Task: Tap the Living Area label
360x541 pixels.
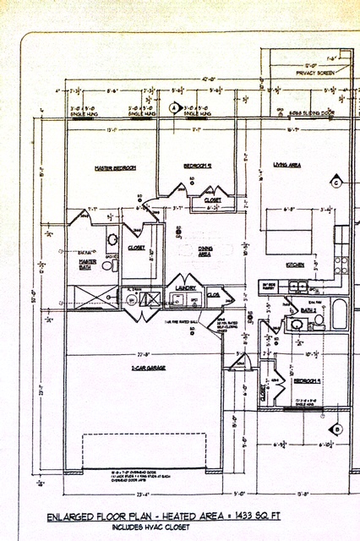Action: (x=286, y=165)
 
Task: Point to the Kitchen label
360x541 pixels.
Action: (x=295, y=265)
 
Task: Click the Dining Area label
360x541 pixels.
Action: (x=203, y=251)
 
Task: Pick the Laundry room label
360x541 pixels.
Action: (x=186, y=288)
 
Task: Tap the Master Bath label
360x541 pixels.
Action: (x=88, y=264)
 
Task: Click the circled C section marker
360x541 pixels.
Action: (x=335, y=183)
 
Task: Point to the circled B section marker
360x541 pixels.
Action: (x=336, y=430)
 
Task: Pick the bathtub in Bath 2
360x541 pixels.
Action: (x=338, y=314)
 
